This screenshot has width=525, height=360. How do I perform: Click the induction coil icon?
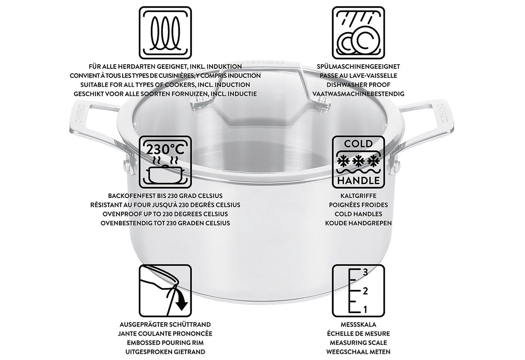pos(165,33)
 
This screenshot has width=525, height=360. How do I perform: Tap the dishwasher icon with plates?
pos(358,33)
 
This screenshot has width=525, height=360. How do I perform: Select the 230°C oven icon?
pos(165,162)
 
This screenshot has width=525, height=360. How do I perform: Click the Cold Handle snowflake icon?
pos(358,162)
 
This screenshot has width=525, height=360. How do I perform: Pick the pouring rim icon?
pos(165,291)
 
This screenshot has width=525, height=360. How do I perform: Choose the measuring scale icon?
pos(358,291)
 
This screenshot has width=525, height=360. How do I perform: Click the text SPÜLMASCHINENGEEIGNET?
pos(358,66)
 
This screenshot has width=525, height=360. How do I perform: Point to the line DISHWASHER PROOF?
pos(358,85)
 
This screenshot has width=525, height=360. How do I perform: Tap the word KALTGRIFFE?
pos(358,196)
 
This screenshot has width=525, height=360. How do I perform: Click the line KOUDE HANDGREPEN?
pos(358,223)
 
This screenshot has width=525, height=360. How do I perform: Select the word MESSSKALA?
pos(358,325)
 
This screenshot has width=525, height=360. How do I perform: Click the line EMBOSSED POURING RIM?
pos(165,343)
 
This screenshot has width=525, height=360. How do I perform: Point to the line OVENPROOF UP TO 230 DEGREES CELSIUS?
pos(165,214)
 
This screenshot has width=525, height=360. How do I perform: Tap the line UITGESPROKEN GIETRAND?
pos(165,352)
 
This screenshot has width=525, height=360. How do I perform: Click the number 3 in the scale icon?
pos(365,272)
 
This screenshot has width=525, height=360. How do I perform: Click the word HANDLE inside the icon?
pos(358,181)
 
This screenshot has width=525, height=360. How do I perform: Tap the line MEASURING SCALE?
pos(358,343)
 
